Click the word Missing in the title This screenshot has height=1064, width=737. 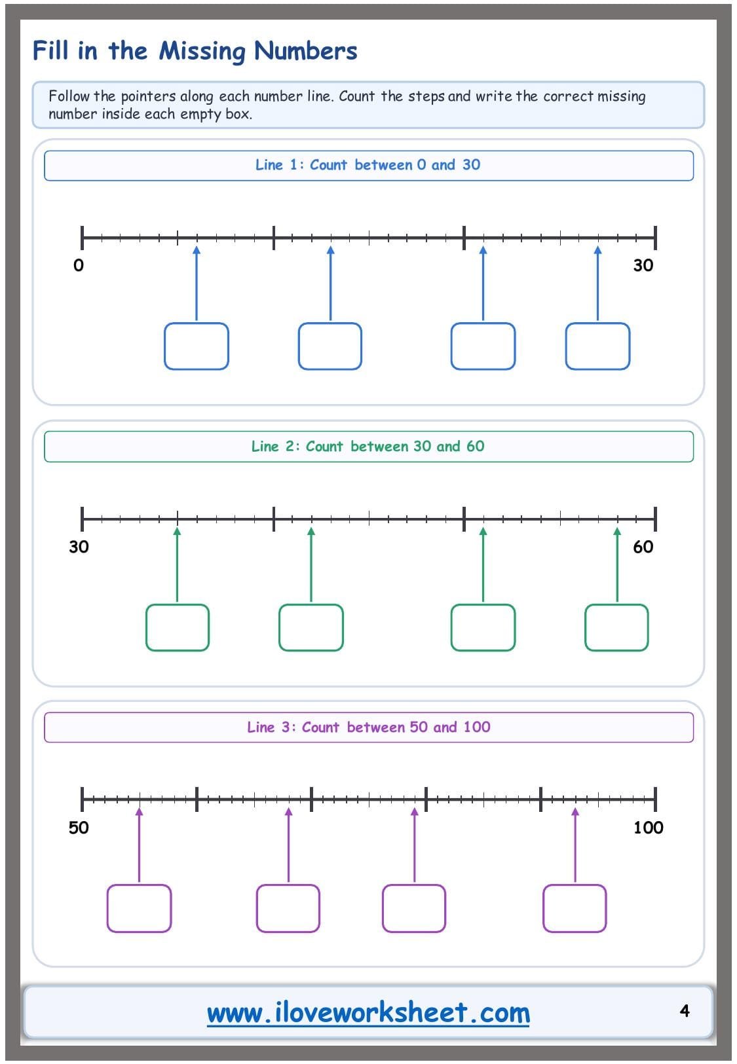(x=202, y=51)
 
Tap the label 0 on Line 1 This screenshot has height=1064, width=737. (x=79, y=265)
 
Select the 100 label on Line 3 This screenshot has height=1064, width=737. (x=648, y=828)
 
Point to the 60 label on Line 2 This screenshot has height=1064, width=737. (x=643, y=547)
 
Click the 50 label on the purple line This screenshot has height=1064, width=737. (x=79, y=828)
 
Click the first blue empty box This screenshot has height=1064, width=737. (x=197, y=346)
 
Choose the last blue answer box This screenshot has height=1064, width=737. (x=597, y=346)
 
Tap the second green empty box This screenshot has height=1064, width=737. (x=311, y=627)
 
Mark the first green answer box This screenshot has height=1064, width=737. (x=178, y=627)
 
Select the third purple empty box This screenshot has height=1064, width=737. (x=414, y=909)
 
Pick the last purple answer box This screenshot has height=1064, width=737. (x=575, y=909)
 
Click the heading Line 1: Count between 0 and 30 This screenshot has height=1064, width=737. (x=368, y=165)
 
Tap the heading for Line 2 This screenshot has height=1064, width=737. (x=368, y=446)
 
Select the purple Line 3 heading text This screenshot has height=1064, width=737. (x=368, y=727)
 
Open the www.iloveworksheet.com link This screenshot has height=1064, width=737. (x=368, y=1012)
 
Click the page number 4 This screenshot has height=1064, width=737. (x=684, y=1010)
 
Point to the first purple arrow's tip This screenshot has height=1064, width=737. (x=140, y=808)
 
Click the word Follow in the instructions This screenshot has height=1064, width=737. (x=69, y=96)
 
